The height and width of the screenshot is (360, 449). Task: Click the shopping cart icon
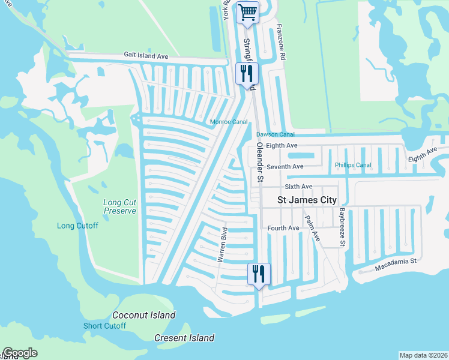(247, 12)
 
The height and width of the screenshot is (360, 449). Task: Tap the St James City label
(306, 200)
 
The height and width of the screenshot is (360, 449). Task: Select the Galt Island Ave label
(146, 56)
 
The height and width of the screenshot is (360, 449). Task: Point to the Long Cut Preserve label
(120, 207)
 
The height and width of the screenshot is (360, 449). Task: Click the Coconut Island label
(144, 315)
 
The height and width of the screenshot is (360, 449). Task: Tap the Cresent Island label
(184, 338)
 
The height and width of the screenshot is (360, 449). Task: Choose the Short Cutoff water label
(104, 326)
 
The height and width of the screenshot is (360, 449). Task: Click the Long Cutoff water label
(77, 226)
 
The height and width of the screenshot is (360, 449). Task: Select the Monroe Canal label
(229, 122)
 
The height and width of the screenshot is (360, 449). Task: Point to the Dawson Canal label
(276, 134)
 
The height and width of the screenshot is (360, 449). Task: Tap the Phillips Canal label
(353, 165)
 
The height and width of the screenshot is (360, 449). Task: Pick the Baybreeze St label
(341, 227)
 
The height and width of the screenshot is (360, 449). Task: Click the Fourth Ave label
(283, 228)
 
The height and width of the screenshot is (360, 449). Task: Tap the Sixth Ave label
(299, 187)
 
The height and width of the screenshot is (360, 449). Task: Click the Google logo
(20, 353)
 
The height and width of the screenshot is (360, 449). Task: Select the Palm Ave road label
(312, 229)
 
